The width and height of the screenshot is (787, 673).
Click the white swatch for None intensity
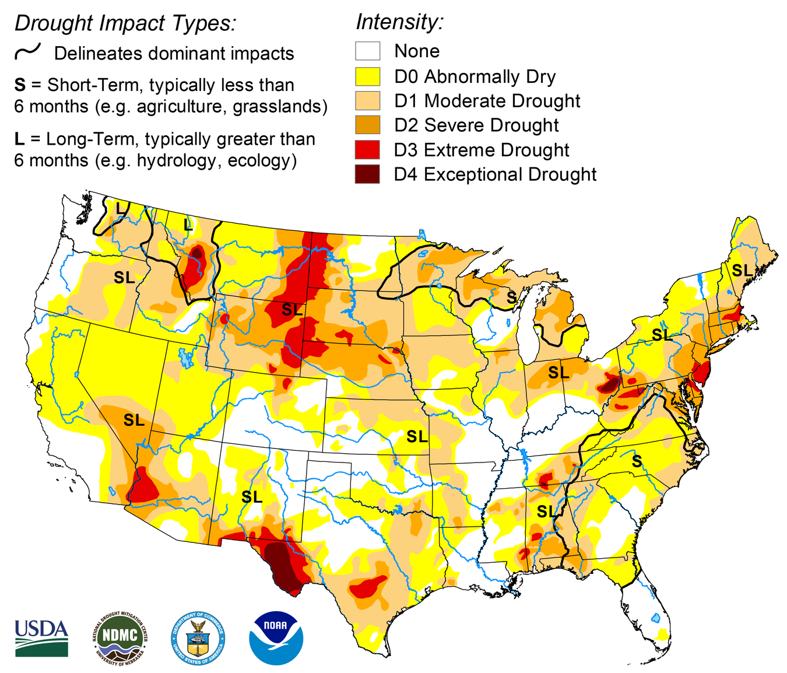367,51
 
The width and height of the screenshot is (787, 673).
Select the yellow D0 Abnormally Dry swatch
367,76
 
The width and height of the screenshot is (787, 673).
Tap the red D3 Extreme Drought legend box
367,150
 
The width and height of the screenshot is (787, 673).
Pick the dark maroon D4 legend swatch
367,174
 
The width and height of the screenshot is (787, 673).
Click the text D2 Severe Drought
476,125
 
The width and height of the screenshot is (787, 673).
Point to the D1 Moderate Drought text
487,101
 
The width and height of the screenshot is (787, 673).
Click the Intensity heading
399,22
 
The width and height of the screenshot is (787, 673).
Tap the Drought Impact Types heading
125,23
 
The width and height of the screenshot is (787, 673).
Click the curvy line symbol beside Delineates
27,52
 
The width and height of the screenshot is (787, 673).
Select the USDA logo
41,638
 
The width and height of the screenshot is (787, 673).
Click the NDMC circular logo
120,638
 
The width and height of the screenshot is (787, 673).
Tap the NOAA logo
276,638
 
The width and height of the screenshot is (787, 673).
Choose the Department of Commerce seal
199,638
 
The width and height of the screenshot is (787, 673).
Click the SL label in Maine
742,271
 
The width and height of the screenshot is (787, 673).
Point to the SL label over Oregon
124,278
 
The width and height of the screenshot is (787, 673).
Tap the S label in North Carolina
637,462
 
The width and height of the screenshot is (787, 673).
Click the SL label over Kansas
417,436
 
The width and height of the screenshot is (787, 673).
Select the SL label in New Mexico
252,497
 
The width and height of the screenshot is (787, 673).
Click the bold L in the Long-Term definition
19,139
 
